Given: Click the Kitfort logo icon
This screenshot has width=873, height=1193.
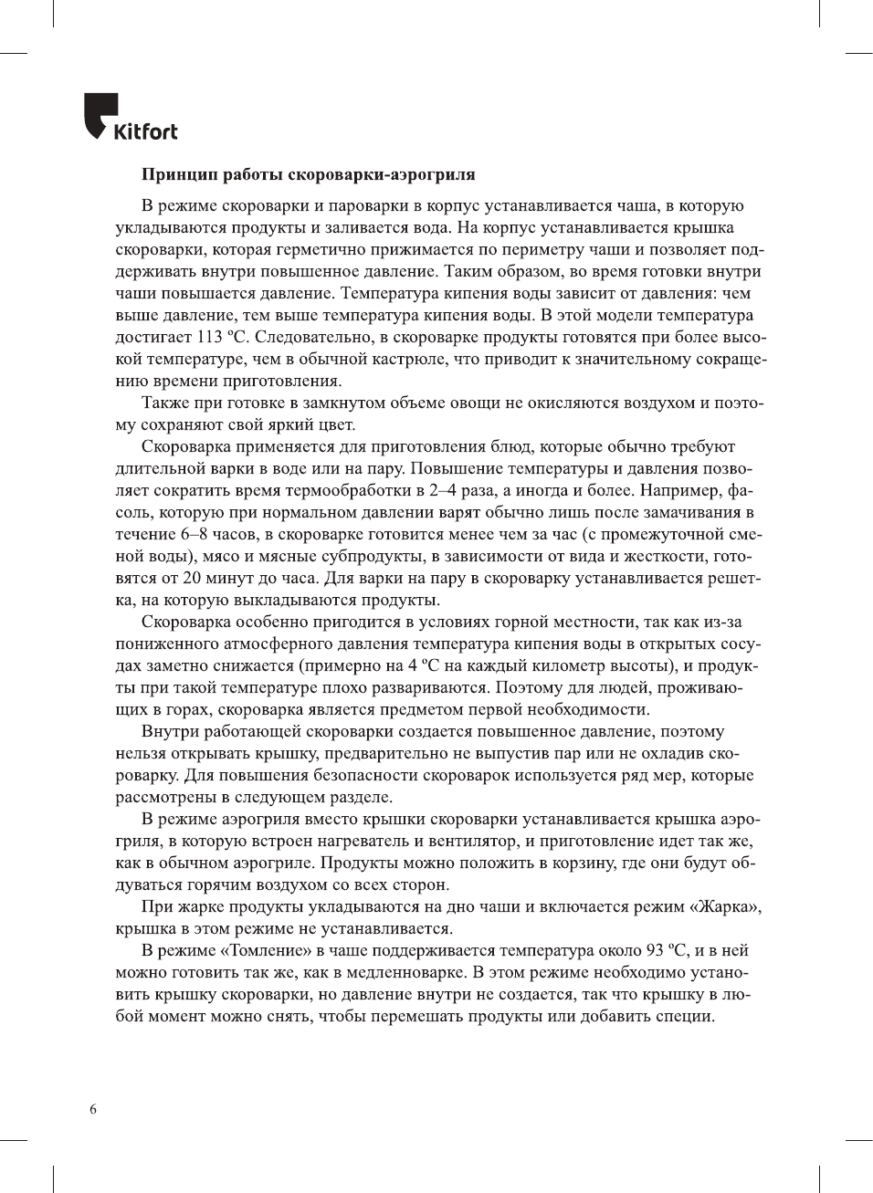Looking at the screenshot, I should pyautogui.click(x=99, y=115).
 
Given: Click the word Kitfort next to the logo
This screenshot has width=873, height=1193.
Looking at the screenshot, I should pyautogui.click(x=145, y=132).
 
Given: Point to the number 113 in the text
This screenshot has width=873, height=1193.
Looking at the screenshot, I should pyautogui.click(x=210, y=337).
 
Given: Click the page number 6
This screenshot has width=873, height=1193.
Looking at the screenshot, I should pyautogui.click(x=93, y=1109).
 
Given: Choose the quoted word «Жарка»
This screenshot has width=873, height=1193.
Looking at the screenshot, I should pyautogui.click(x=725, y=906).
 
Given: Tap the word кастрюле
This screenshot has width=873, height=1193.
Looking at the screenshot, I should pyautogui.click(x=411, y=359).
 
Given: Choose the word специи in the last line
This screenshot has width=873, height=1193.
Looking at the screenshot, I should pyautogui.click(x=684, y=1016).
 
